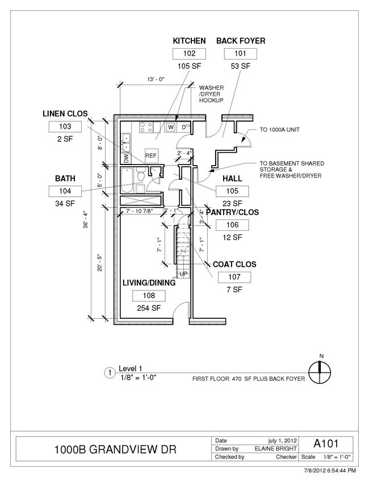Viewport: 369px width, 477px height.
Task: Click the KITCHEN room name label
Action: [189, 41]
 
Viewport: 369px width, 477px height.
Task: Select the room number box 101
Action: [241, 54]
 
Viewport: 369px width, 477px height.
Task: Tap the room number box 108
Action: [148, 296]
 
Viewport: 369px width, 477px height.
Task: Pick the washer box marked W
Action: [170, 127]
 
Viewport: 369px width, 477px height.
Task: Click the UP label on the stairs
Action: [183, 275]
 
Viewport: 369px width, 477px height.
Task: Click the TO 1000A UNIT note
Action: [279, 129]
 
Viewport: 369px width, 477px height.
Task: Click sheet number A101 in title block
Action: [326, 443]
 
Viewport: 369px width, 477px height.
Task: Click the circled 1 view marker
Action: [108, 373]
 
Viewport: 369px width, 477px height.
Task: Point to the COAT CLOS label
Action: [234, 264]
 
